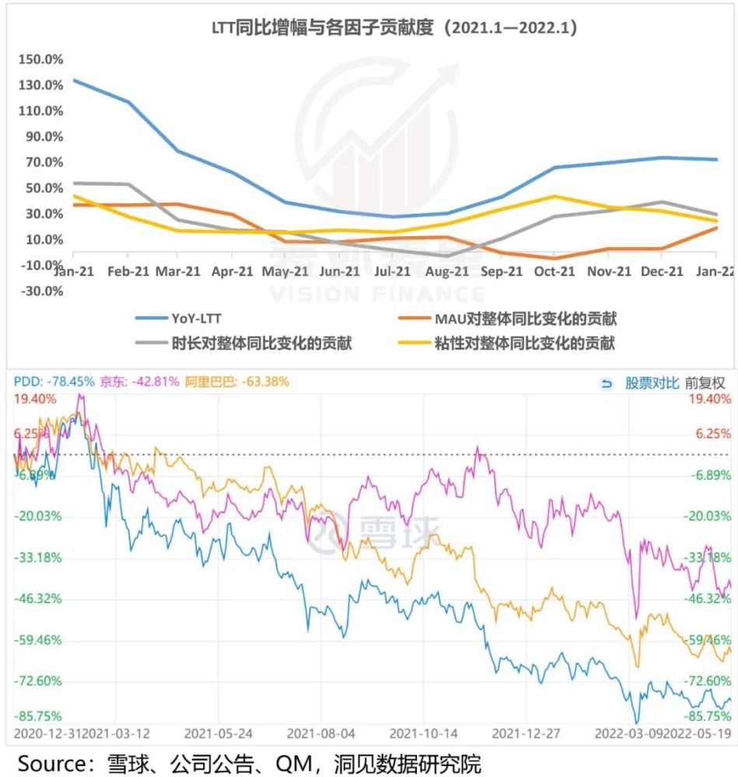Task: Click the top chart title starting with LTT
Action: [x=394, y=27]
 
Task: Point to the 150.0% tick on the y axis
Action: [x=40, y=60]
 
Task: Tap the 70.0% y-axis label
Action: [x=44, y=162]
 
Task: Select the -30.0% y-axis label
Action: [x=42, y=291]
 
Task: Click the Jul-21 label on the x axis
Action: [x=392, y=271]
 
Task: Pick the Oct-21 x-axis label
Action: [x=554, y=271]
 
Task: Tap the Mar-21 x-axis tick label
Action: [x=177, y=271]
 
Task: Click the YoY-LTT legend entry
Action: [x=178, y=319]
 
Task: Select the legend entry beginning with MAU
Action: [x=507, y=319]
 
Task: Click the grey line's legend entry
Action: [x=243, y=343]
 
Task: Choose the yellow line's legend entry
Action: [x=507, y=343]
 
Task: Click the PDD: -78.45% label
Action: [x=54, y=382]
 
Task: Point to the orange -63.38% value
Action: [x=265, y=382]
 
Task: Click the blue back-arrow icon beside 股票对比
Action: [x=607, y=384]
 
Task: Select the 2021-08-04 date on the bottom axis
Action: [x=320, y=733]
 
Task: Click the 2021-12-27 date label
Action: [x=526, y=733]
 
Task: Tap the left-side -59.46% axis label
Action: [x=37, y=639]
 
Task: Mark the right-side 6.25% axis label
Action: [x=713, y=434]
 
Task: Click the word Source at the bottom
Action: [x=53, y=764]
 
